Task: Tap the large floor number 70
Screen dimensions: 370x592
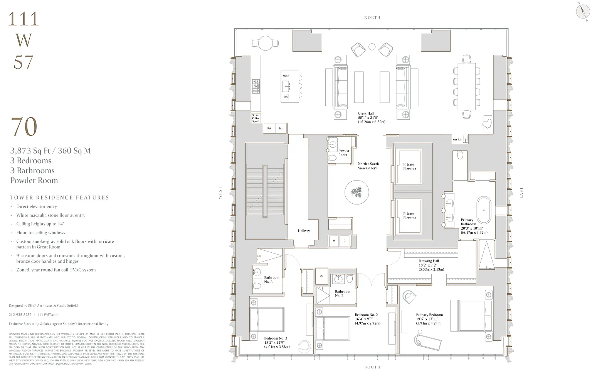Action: coord(24,127)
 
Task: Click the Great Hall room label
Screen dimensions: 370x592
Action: coord(365,113)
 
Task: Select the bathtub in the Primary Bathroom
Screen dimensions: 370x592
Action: coord(484,208)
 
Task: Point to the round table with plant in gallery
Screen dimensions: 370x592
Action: coord(357,192)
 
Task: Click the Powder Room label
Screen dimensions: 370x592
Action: coord(343,153)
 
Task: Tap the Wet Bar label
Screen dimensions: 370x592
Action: coord(457,140)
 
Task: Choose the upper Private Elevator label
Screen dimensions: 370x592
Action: coord(409,167)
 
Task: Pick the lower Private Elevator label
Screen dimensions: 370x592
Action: coord(409,216)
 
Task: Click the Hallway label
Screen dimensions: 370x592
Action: coord(304,231)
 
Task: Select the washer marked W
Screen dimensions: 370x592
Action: coord(334,241)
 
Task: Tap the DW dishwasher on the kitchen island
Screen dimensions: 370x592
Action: coord(286,97)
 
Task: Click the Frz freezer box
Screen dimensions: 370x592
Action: coord(281,128)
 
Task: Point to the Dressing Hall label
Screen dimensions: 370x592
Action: coord(429,261)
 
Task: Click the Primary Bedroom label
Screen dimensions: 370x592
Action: coord(429,315)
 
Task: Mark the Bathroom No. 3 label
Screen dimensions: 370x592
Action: coord(271,280)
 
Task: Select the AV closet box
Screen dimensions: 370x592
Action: coord(321,276)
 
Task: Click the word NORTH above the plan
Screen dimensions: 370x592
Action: coord(372,17)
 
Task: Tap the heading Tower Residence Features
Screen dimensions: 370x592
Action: coord(60,198)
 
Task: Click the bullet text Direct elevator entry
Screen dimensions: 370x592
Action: coord(37,207)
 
